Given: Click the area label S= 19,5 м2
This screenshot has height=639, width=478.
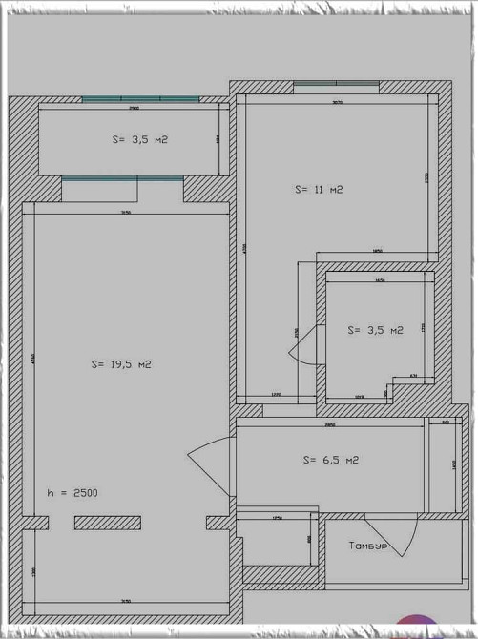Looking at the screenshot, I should click(x=121, y=364).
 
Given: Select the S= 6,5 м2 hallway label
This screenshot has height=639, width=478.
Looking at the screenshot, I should click(x=330, y=460).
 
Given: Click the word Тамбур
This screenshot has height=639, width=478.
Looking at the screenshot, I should click(x=368, y=546).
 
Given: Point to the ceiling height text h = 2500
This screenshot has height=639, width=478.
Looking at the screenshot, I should click(x=73, y=493).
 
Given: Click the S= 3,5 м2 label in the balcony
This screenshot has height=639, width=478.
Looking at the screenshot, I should click(x=139, y=139).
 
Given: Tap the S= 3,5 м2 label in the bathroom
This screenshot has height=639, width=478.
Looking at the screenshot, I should click(x=375, y=330).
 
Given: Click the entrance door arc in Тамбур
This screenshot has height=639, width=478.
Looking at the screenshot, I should click(x=405, y=540).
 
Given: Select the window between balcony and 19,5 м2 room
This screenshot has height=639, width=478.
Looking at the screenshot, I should click(x=122, y=178).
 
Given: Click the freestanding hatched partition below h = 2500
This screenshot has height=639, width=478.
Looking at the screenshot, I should click(x=108, y=523).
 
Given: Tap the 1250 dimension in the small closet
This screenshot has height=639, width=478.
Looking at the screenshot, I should click(x=278, y=519).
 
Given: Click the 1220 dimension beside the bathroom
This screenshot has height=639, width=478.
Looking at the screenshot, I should click(x=275, y=394).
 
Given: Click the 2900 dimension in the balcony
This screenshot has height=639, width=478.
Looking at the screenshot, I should click(x=134, y=110).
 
